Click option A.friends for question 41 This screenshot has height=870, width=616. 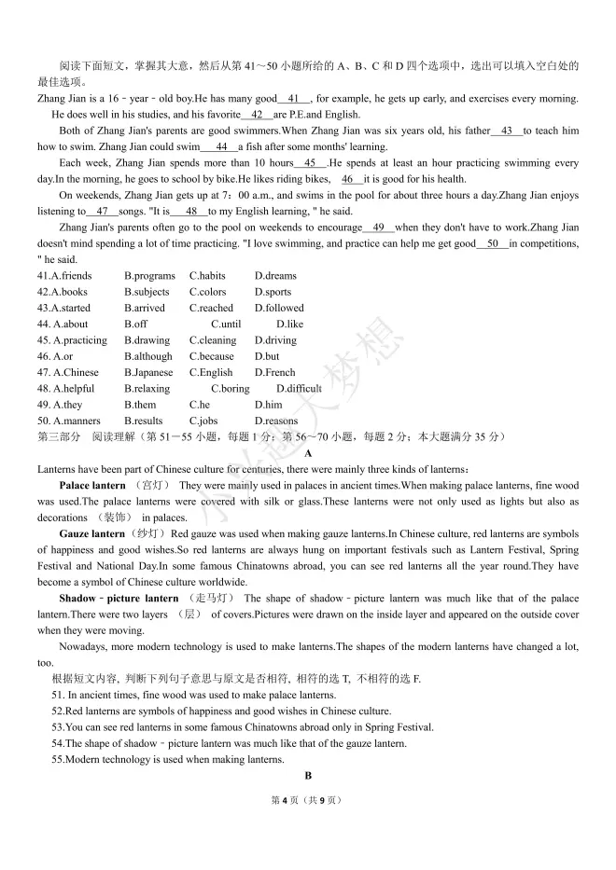point(64,276)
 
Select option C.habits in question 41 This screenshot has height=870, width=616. point(207,276)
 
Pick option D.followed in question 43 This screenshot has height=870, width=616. point(279,308)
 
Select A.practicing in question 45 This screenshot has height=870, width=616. point(73,340)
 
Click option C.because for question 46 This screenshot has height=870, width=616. point(212,356)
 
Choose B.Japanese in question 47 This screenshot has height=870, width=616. point(148,372)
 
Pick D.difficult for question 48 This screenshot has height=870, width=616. point(299,388)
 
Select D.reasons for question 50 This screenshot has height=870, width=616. point(276,421)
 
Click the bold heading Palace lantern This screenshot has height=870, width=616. point(91,486)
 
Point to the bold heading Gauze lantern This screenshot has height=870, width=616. point(91,534)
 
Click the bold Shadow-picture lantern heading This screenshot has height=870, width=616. point(118,599)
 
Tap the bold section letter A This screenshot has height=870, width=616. point(308,453)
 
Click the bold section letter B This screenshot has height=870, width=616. point(308,775)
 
